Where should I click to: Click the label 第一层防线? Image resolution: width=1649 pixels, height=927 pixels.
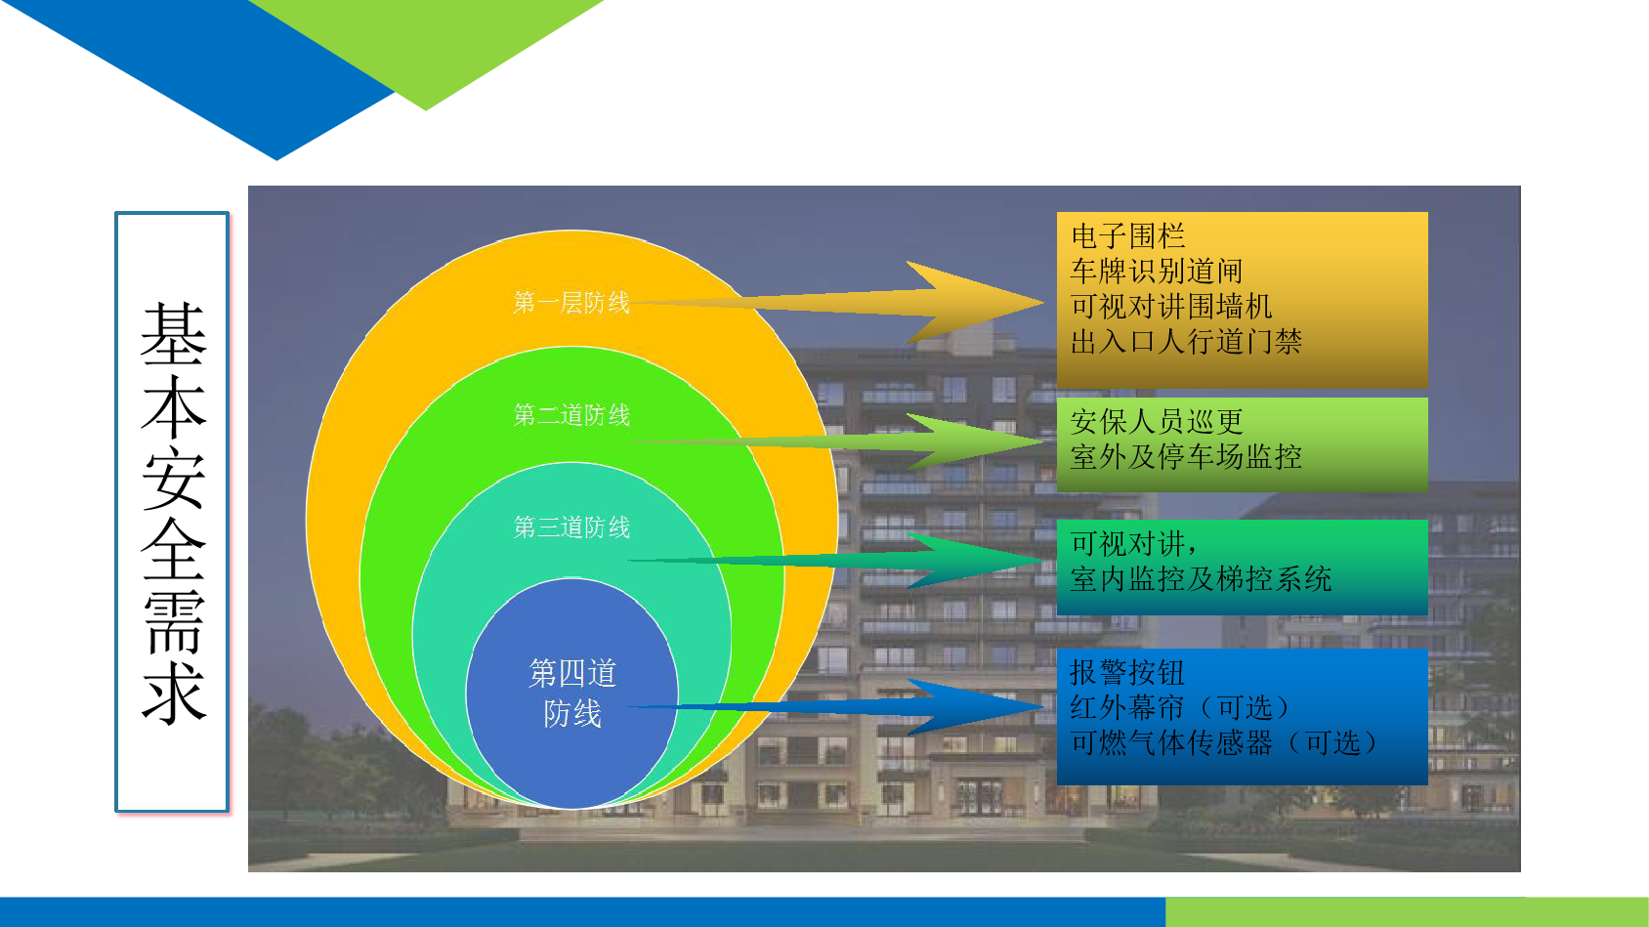(x=571, y=303)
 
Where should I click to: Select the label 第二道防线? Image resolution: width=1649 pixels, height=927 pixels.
(x=571, y=415)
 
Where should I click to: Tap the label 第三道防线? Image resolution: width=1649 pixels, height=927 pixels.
(x=571, y=527)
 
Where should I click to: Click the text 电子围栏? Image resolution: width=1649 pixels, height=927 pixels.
(x=1127, y=236)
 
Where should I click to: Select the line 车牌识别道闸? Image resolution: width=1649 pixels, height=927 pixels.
(x=1157, y=271)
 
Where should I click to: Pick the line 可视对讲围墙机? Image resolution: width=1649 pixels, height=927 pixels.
(x=1171, y=307)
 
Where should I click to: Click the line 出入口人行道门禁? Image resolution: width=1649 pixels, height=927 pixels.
(x=1186, y=342)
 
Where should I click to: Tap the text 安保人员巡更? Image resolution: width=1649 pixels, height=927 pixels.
(x=1157, y=422)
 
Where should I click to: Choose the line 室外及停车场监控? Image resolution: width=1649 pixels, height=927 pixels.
(x=1186, y=457)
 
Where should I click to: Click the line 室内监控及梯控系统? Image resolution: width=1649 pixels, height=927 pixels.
(x=1201, y=579)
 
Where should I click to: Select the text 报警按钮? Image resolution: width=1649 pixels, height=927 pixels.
(x=1127, y=673)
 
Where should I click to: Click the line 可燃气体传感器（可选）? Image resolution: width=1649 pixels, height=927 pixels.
(x=1224, y=743)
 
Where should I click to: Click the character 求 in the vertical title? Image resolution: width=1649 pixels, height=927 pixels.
(x=174, y=693)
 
